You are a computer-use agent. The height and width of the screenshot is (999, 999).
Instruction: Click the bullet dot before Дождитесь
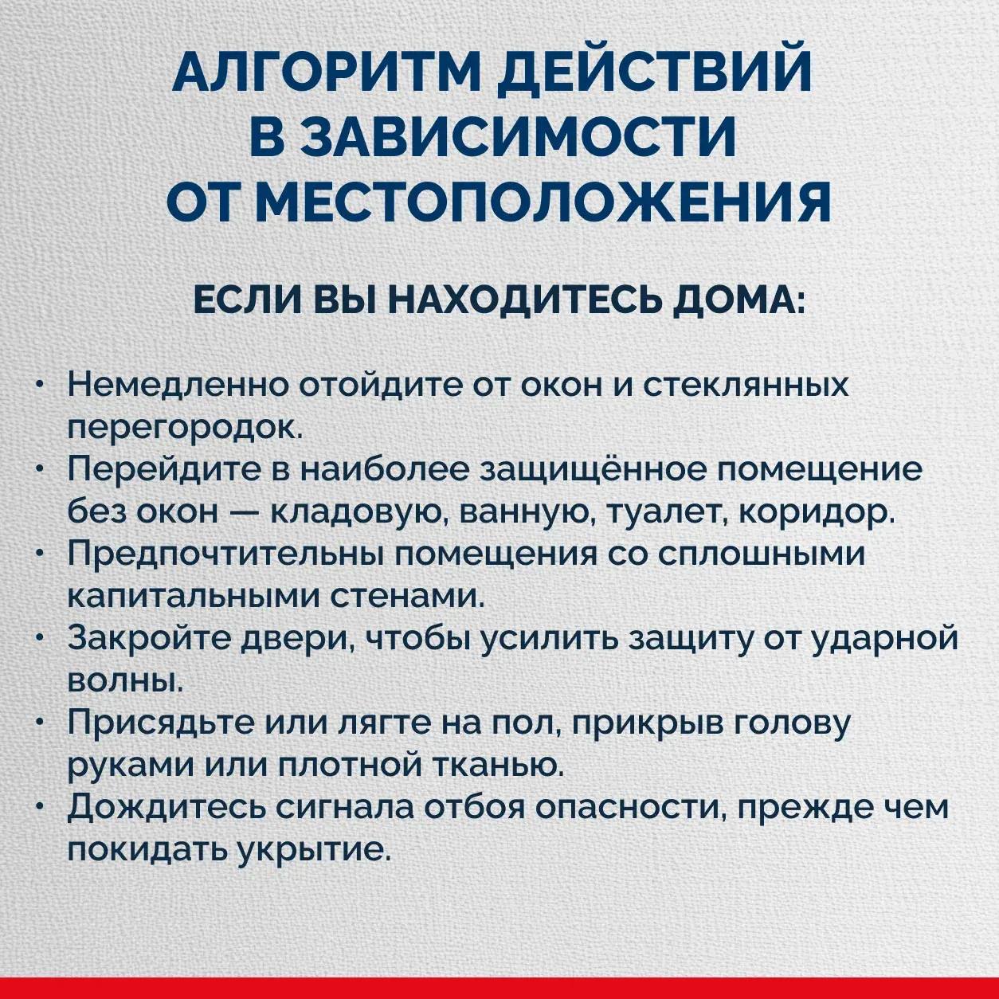point(41,807)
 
